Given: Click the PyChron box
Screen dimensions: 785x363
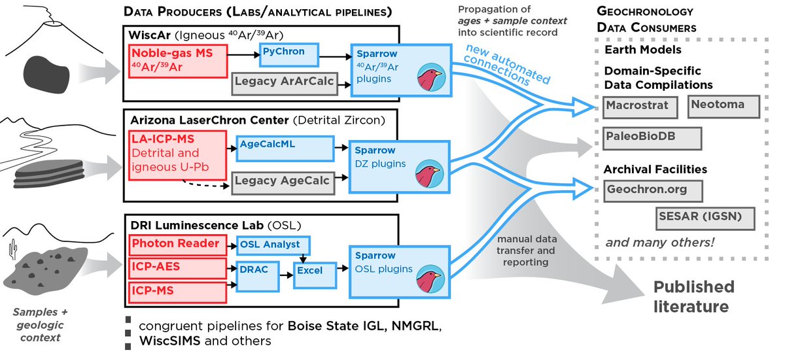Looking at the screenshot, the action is [x=289, y=55].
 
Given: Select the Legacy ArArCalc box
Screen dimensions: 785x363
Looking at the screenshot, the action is [x=285, y=84].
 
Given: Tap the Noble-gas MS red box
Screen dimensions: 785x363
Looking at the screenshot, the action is [x=178, y=61].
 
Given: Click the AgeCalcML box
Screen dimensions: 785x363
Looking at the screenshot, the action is [x=285, y=149].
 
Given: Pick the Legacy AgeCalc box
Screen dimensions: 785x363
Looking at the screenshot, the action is [x=283, y=183].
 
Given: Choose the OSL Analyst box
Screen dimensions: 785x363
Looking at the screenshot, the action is [x=273, y=245].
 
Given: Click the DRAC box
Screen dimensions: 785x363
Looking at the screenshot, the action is [x=258, y=277].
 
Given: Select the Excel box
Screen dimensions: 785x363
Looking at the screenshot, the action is [x=315, y=275].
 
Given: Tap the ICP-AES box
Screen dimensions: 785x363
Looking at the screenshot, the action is [x=178, y=268].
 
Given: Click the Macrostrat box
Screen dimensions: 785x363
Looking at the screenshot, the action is [x=640, y=107].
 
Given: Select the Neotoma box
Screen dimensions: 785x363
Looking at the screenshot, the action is [x=724, y=106].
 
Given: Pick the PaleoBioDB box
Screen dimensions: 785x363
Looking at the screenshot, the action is [x=652, y=139].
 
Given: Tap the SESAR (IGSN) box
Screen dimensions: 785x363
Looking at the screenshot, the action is [x=705, y=218].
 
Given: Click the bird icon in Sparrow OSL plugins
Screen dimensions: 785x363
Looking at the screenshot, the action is [x=430, y=279].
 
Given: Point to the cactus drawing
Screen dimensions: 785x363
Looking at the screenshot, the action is [x=13, y=249].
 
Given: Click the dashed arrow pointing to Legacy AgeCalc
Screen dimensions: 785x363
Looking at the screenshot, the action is [x=205, y=184].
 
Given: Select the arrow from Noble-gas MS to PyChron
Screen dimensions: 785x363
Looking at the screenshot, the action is [x=243, y=55].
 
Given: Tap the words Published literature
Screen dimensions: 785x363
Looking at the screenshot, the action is [x=693, y=296].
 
